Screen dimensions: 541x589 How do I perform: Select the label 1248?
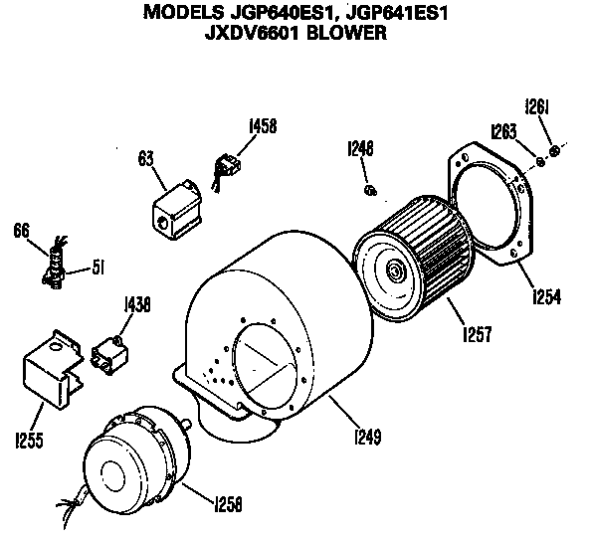pos(359,149)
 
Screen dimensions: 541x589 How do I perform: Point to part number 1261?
pos(538,107)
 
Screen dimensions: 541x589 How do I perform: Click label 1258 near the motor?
pos(228,504)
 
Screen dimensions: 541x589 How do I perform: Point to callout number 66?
pos(22,231)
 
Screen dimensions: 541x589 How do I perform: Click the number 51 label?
pos(98,266)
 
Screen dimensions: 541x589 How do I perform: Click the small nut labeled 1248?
pos(370,189)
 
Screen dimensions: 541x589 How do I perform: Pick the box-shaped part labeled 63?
pos(176,211)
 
